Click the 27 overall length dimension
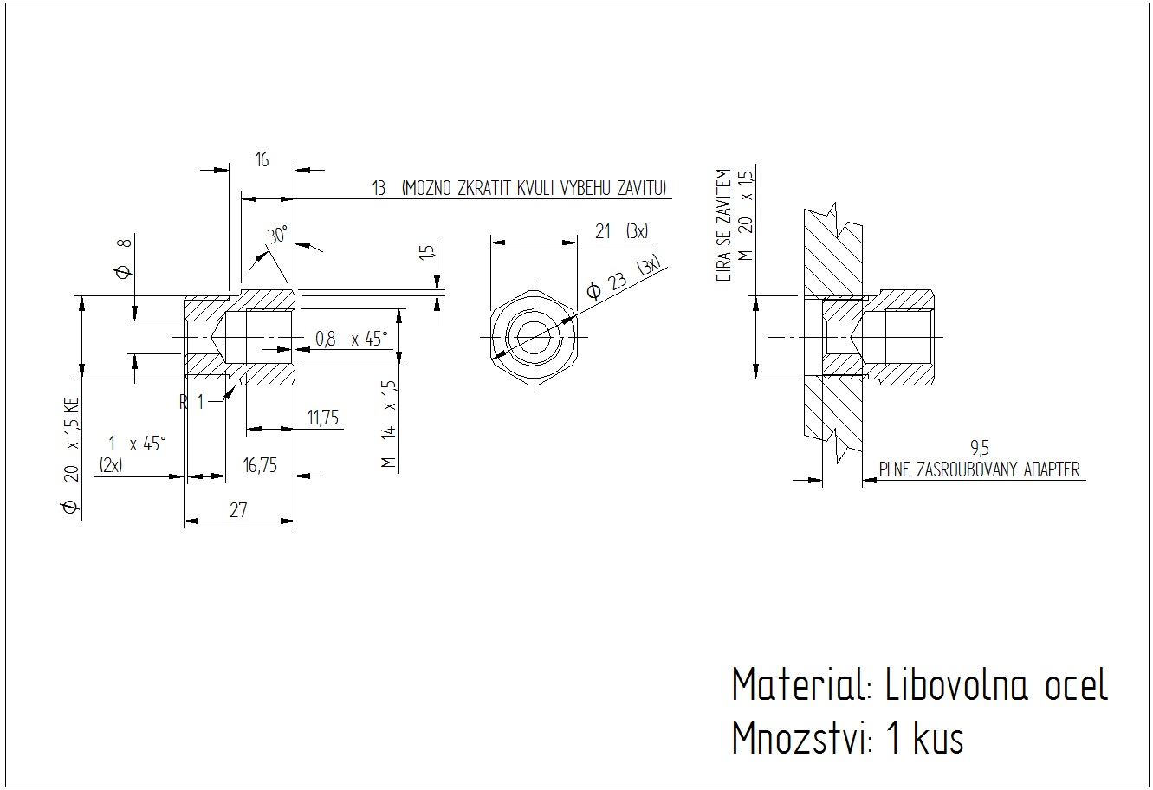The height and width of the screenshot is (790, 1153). tap(238, 510)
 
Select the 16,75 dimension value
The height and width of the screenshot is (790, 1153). tap(260, 465)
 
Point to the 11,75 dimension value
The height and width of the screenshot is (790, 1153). tap(322, 418)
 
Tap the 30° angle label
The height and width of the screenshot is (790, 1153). tap(277, 236)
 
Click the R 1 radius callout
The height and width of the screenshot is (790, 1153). tap(191, 401)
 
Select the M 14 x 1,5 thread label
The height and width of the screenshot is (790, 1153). tap(389, 424)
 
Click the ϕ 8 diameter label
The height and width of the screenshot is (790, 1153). tap(122, 259)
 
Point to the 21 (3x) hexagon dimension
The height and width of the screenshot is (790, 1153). tap(621, 231)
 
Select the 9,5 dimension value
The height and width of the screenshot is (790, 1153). tap(980, 448)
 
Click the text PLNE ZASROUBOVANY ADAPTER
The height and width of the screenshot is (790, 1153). tap(979, 469)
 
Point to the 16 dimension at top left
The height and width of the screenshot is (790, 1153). tap(262, 159)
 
